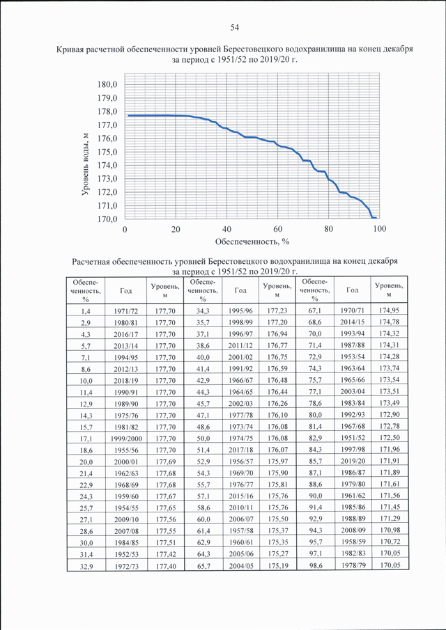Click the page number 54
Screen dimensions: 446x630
tap(234, 27)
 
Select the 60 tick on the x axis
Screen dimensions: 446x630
tap(278, 229)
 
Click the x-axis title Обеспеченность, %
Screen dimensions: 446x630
tap(252, 242)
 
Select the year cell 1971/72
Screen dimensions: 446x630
tap(126, 310)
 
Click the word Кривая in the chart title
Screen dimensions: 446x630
tap(68, 50)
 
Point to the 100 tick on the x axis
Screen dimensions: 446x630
tap(379, 229)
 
